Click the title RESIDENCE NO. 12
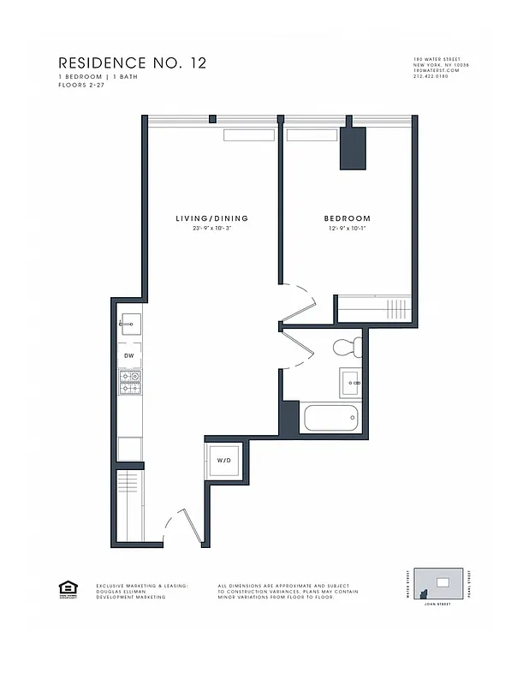tap(132, 63)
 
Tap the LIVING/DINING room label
tap(211, 219)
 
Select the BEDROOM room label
tap(347, 219)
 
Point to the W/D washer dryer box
tap(224, 461)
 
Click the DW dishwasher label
tap(129, 354)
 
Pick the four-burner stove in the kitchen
tap(130, 382)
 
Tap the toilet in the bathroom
tap(347, 348)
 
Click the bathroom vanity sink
tap(351, 381)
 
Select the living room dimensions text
tap(212, 229)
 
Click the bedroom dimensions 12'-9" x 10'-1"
tap(347, 229)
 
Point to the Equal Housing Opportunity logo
tap(67, 588)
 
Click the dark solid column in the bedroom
tap(353, 147)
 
